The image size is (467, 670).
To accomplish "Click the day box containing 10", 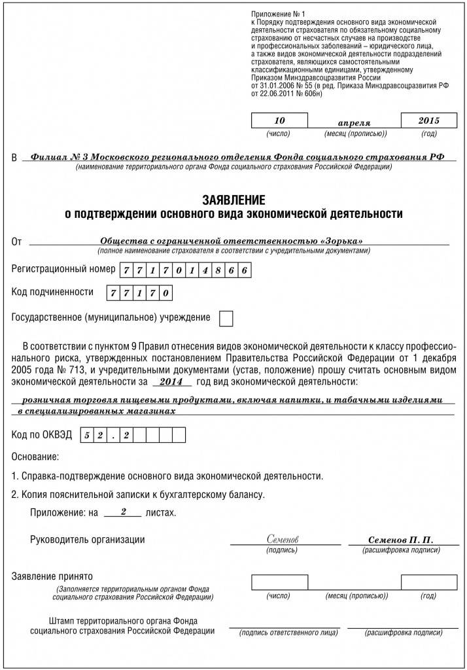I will click(279, 121).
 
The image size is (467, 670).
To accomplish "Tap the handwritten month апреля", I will click(354, 123).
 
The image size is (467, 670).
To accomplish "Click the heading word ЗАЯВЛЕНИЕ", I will click(233, 200).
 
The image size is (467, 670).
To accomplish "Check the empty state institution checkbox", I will click(225, 319).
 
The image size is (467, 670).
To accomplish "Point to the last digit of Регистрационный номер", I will click(243, 270).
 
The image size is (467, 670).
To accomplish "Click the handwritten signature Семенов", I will click(283, 540).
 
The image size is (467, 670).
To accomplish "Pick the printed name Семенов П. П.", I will click(400, 540).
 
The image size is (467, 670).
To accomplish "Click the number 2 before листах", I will click(123, 512).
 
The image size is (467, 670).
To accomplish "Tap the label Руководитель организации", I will click(88, 540).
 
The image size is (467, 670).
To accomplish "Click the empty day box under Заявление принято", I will click(279, 582).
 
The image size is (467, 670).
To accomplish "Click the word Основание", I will click(35, 455).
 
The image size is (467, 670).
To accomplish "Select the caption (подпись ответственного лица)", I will click(288, 633).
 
